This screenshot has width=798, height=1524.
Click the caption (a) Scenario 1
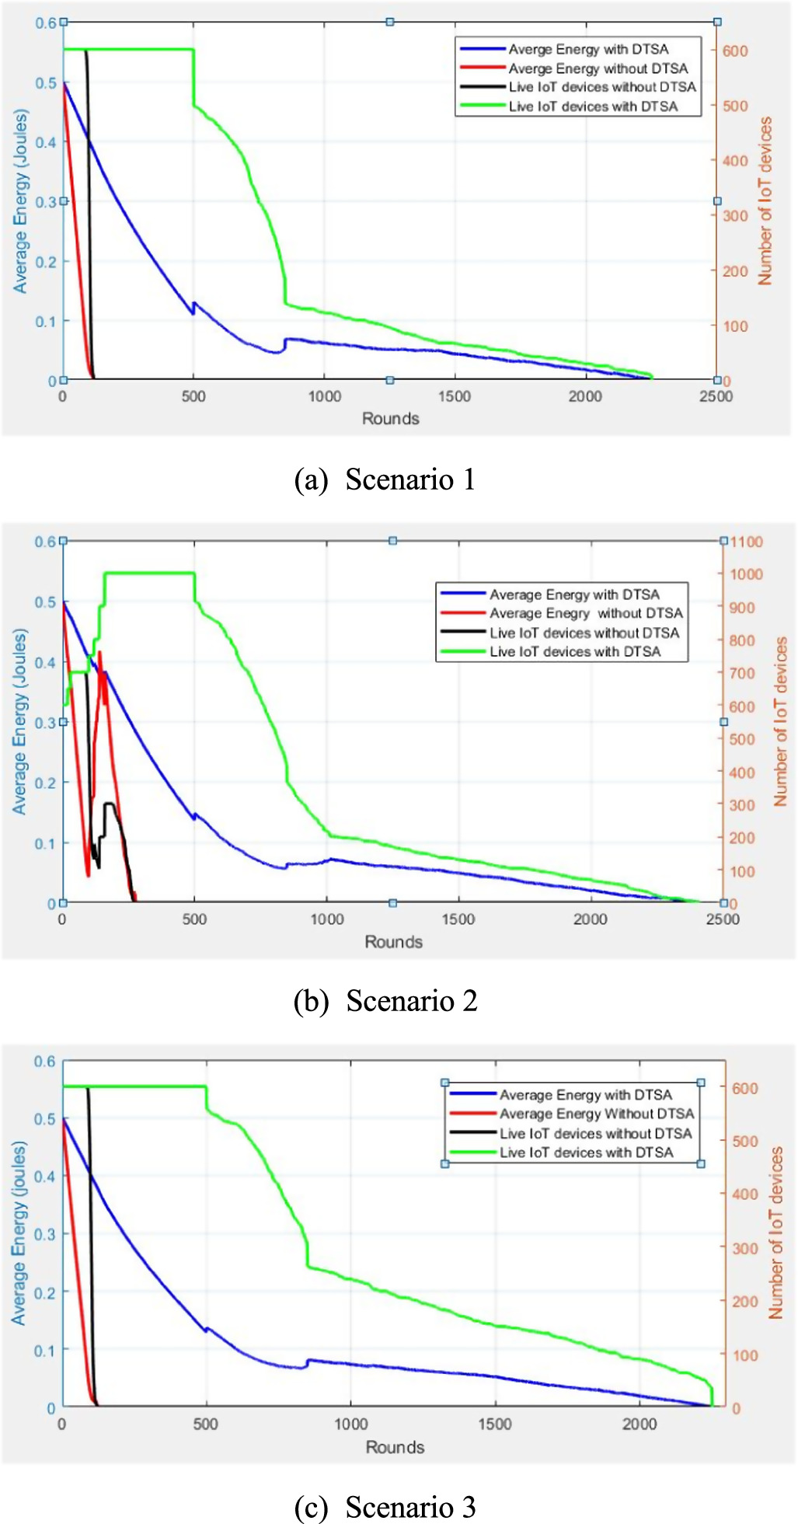385,480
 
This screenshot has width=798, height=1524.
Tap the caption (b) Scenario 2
385,1001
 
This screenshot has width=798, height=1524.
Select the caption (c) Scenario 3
385,1507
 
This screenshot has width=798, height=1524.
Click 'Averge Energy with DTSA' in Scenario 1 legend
588,50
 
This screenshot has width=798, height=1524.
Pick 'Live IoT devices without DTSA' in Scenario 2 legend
584,633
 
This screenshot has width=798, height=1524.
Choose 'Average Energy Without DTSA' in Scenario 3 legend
596,1114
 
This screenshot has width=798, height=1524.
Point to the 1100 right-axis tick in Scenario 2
746,542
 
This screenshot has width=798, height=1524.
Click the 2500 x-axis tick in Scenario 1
716,396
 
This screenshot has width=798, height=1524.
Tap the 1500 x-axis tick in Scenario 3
495,1424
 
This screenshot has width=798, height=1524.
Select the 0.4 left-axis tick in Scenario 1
46,142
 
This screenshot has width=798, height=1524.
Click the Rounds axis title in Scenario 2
393,942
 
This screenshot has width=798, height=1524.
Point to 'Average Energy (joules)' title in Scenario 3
19,1233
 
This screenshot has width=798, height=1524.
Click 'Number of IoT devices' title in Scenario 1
765,201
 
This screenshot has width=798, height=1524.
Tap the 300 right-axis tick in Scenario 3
744,1248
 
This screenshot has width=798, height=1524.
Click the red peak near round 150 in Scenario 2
100,653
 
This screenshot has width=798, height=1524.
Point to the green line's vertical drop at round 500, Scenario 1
193,78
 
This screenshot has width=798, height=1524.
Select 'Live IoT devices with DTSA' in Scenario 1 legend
593,106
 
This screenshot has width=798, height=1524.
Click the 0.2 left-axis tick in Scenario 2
46,783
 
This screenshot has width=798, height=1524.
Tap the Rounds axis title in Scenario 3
395,1447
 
